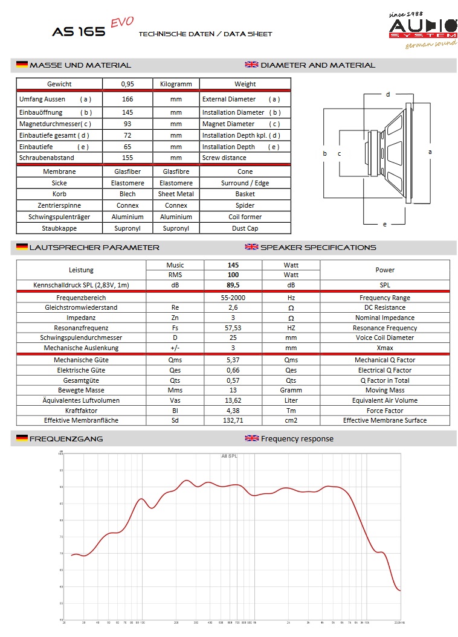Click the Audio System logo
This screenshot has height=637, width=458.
422,29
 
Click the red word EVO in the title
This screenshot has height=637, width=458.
121,22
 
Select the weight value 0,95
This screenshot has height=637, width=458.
127,84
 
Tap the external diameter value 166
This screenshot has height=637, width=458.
127,99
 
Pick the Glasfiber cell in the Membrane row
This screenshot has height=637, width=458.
127,171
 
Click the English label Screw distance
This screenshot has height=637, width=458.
224,158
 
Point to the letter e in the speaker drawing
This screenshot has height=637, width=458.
384,224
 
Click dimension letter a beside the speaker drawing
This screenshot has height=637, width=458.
430,152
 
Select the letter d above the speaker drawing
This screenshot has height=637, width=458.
388,94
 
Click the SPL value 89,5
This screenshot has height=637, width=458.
233,285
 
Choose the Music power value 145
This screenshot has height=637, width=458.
233,265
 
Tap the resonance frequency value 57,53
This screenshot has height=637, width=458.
233,328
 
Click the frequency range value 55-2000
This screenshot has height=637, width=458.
233,298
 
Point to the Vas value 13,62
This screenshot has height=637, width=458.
233,400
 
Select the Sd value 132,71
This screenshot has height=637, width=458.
233,420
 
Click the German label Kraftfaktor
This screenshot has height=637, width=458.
81,411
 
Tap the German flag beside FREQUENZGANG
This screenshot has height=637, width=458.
22,438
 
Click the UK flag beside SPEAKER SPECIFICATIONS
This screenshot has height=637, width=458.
251,247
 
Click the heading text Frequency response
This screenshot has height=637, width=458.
297,438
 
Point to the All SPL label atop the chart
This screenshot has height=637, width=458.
229,456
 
